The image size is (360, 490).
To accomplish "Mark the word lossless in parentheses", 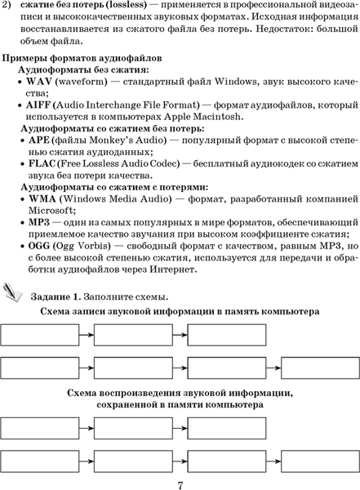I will point(126,4).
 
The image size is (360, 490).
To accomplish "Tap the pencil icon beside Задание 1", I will point(14,290).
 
